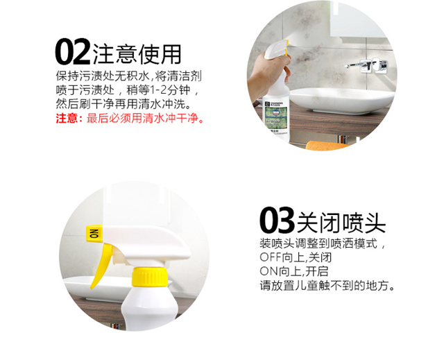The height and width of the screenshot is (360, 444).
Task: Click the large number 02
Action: click(73, 52)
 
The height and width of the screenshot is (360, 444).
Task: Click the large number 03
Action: click(277, 220)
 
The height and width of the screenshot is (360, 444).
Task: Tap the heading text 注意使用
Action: click(137, 54)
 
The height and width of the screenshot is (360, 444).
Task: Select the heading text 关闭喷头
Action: click(341, 223)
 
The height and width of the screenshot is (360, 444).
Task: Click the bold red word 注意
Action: click(67, 118)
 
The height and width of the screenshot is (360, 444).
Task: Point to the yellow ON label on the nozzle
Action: click(94, 234)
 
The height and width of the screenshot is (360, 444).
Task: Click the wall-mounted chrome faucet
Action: click(366, 65)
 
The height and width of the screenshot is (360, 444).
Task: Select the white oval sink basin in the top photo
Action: click(341, 101)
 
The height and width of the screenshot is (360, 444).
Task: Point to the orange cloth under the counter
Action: click(325, 146)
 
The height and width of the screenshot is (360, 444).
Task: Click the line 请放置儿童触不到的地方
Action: click(327, 286)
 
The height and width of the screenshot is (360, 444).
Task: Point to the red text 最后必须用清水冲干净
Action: click(145, 118)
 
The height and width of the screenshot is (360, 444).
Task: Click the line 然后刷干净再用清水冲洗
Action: click(123, 104)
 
